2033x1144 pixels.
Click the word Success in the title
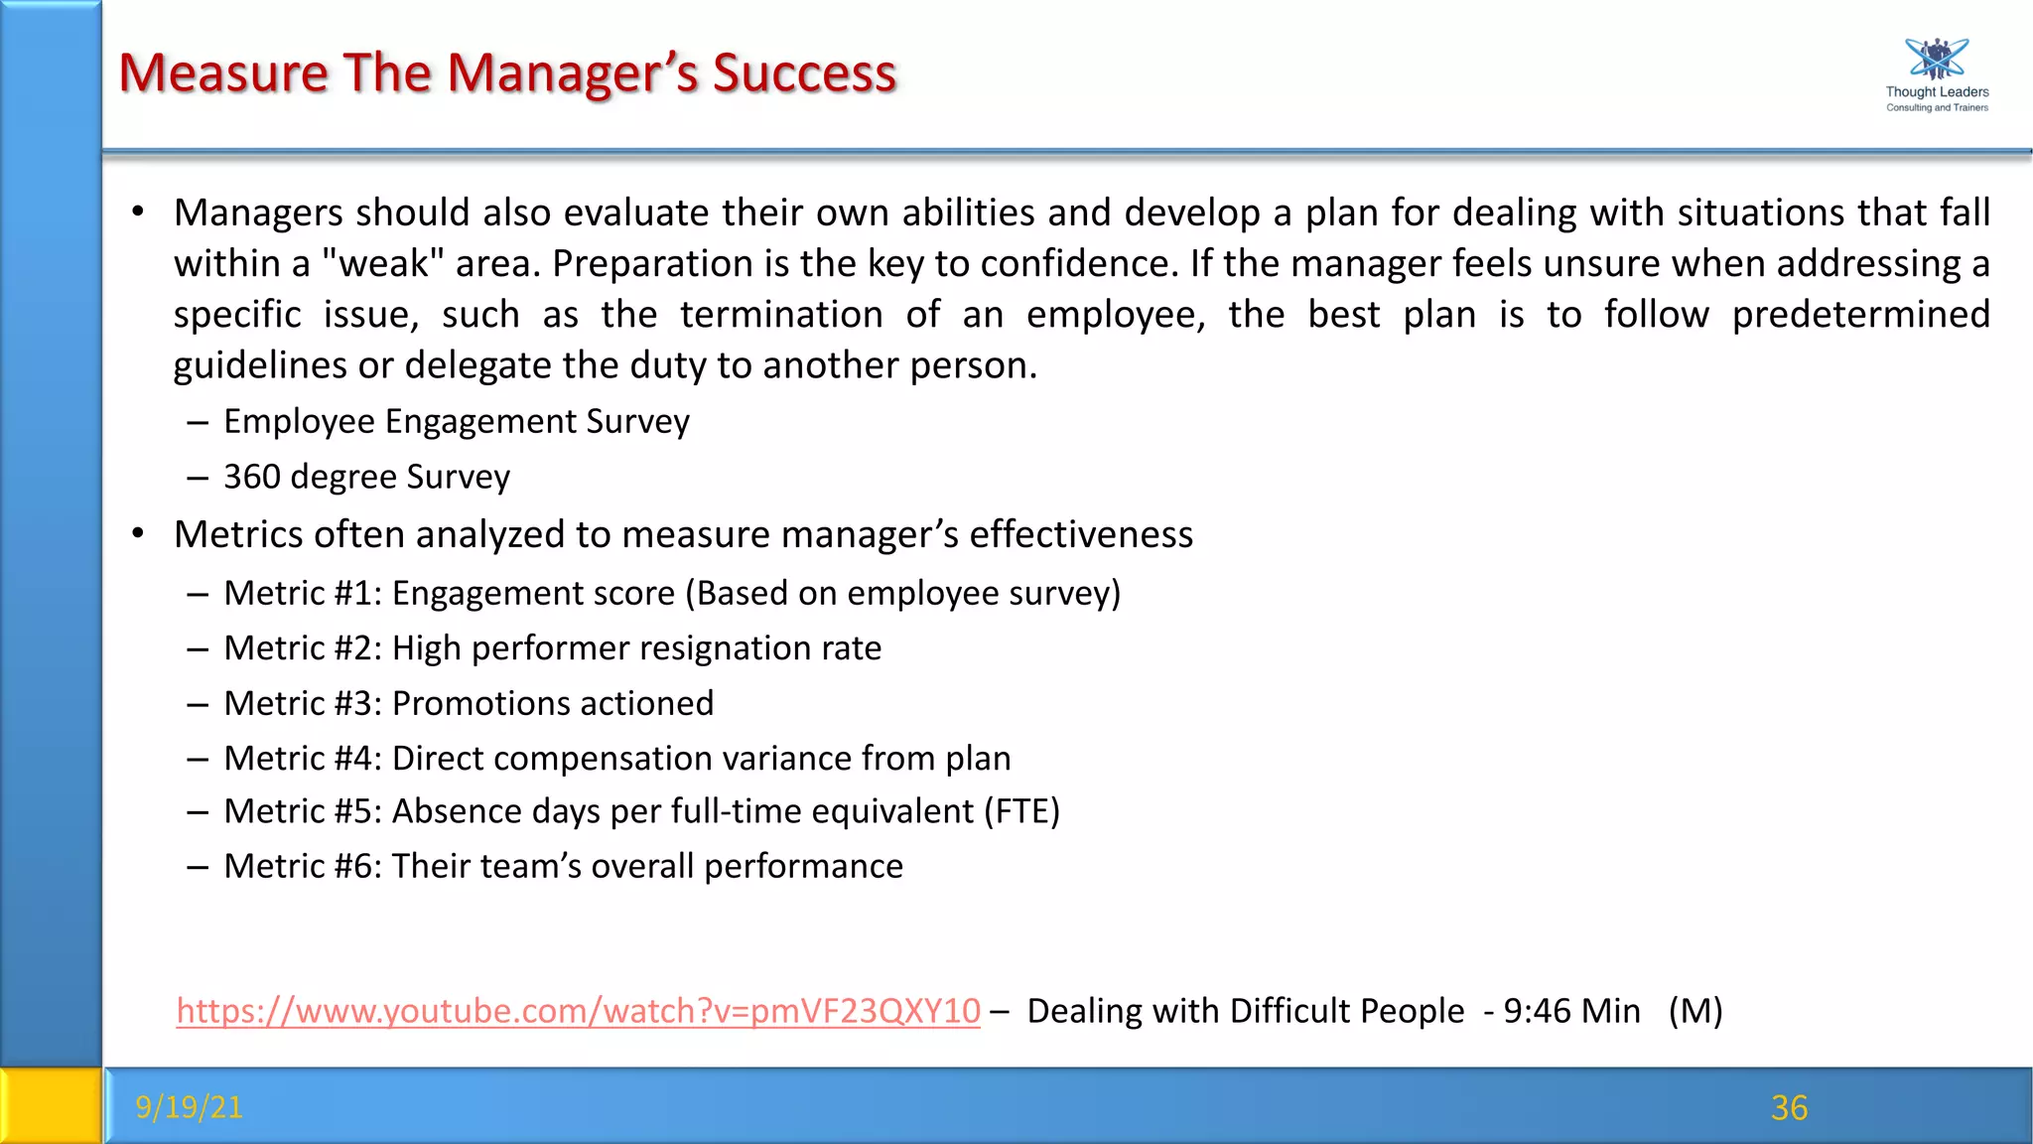[804, 73]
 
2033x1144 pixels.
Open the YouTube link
[578, 1011]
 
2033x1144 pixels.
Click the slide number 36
[1789, 1107]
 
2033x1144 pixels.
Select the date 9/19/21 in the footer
[189, 1106]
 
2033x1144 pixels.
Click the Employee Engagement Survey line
[456, 421]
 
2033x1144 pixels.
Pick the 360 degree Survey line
[366, 477]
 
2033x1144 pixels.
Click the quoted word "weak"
[382, 263]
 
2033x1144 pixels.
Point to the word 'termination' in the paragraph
[781, 315]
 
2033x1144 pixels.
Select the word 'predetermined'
[1860, 315]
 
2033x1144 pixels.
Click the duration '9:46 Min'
[1571, 1011]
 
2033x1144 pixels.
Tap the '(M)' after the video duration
[1695, 1011]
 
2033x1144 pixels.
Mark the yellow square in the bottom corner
[50, 1105]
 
